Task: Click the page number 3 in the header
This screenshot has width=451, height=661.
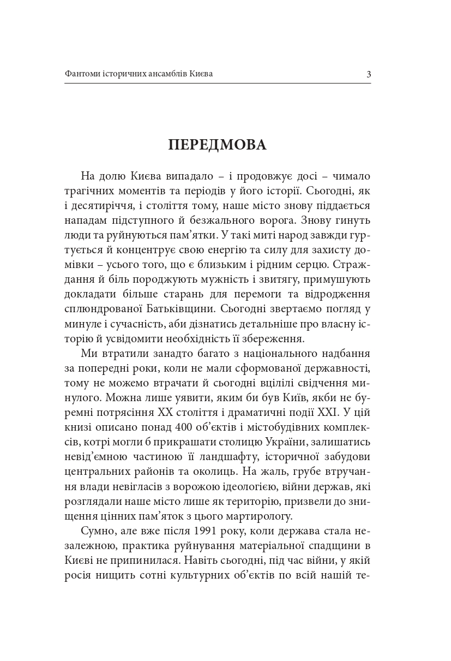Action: pos(369,74)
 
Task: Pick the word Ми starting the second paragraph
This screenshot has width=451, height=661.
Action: pos(88,354)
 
